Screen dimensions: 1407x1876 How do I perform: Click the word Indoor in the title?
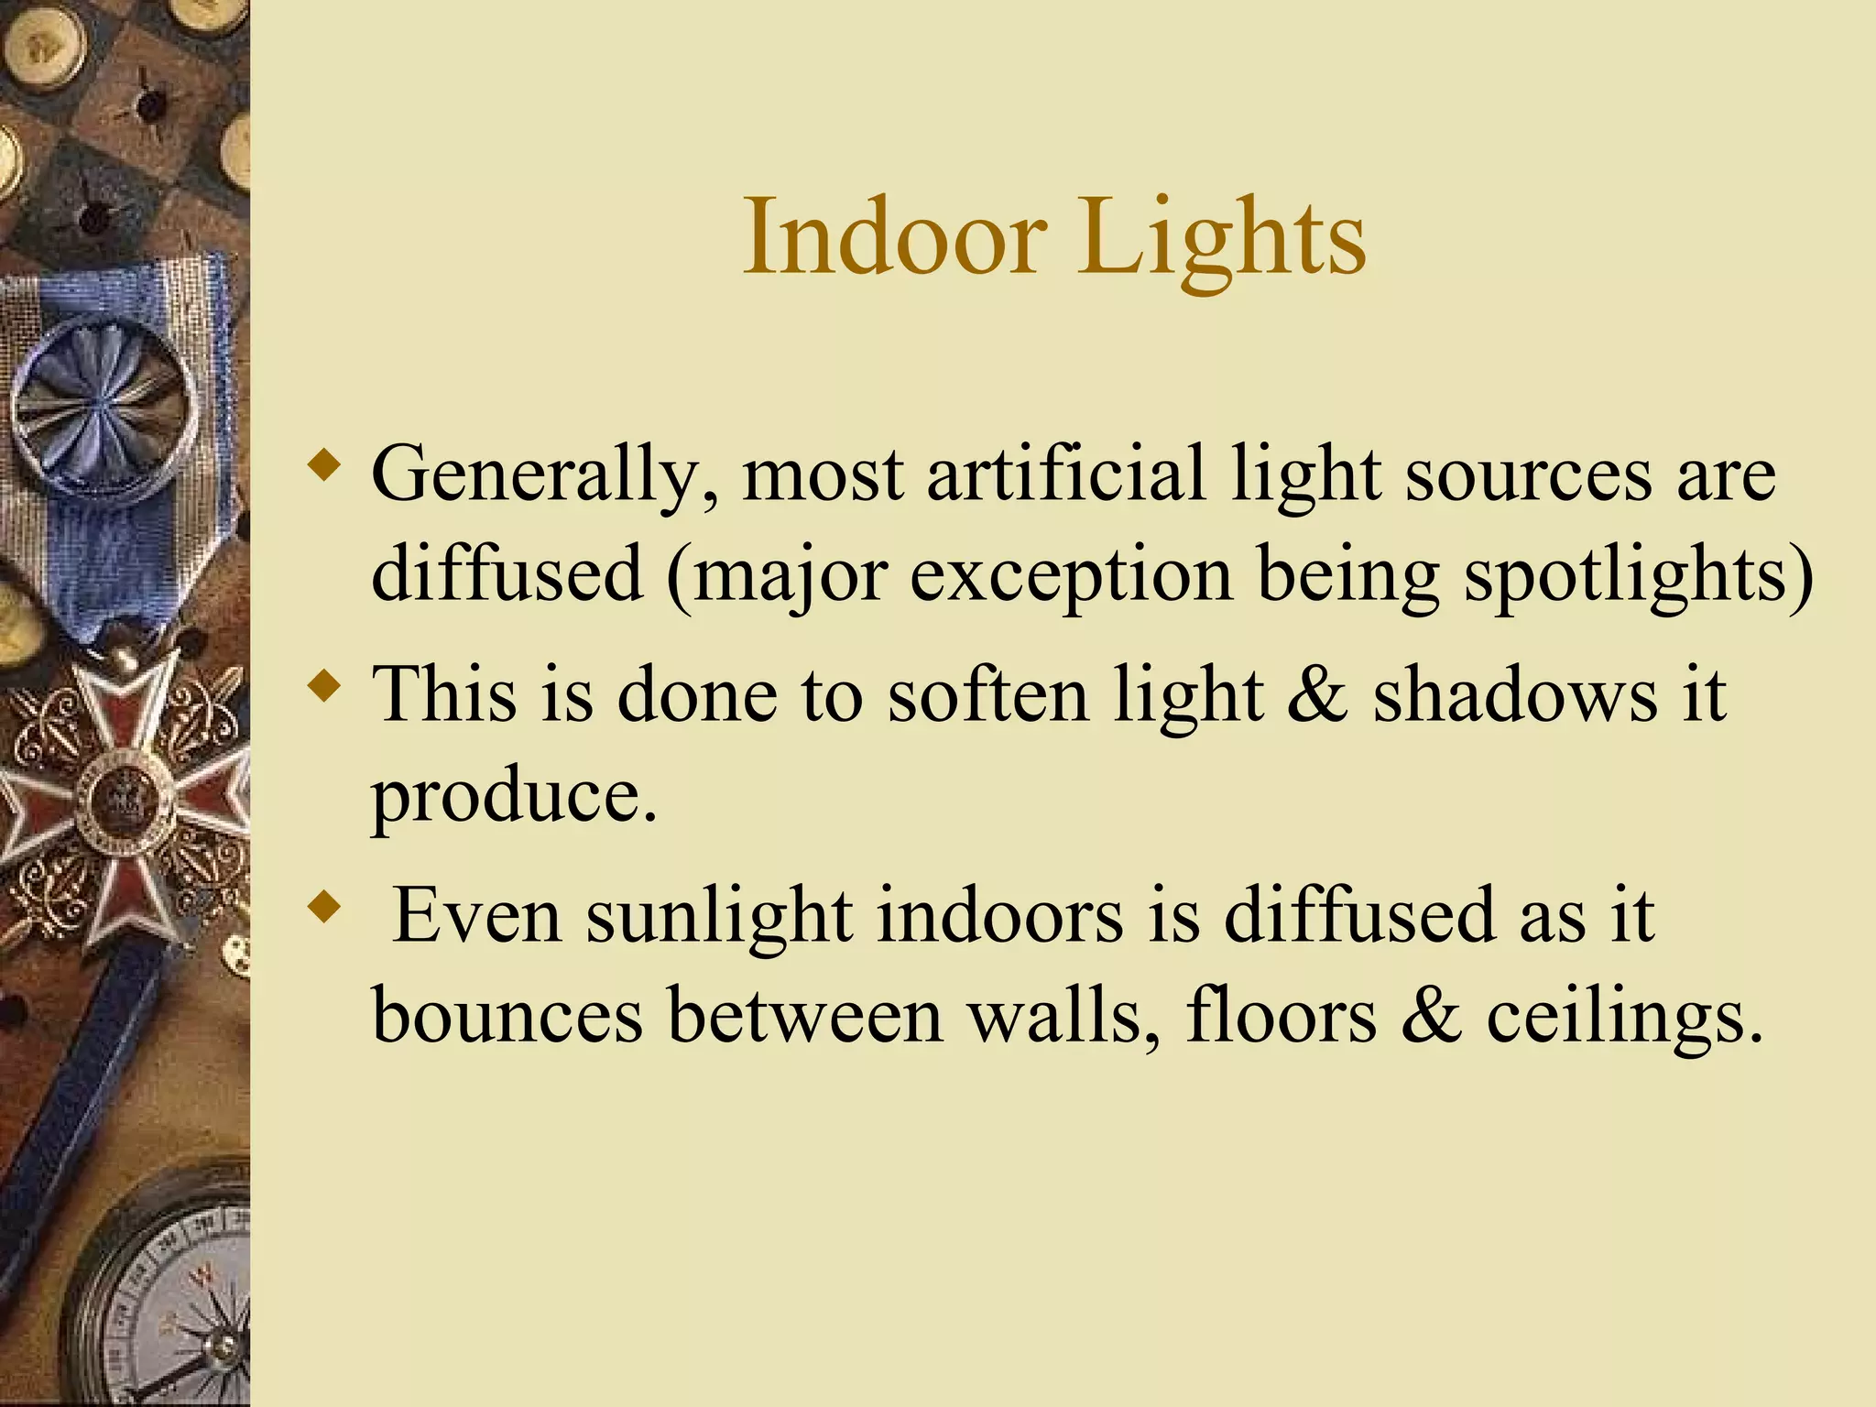(x=894, y=237)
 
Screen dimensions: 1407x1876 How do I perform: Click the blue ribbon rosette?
(x=104, y=403)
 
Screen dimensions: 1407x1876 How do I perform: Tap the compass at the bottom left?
(x=169, y=1301)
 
